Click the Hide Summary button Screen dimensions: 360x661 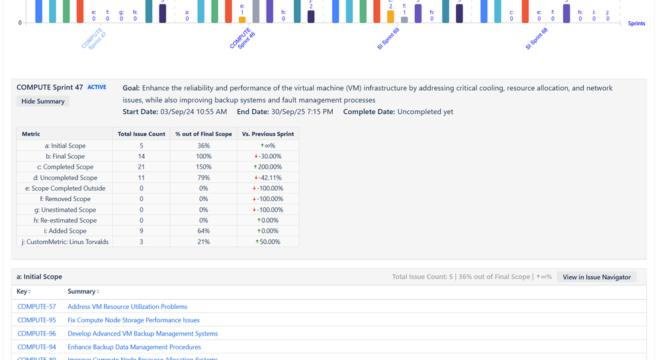(x=43, y=101)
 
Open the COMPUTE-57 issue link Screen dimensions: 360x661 (x=36, y=306)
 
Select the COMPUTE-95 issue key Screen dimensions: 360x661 (x=36, y=320)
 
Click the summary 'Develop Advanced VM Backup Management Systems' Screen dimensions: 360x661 (x=142, y=334)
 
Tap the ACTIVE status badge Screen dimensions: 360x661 (x=97, y=87)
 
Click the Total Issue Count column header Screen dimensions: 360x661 (x=141, y=134)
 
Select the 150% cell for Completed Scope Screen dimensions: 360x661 (x=204, y=167)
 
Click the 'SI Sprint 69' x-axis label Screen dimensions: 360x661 (x=388, y=39)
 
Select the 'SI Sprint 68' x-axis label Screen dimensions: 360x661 (x=537, y=39)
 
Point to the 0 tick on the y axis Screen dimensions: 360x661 (x=20, y=23)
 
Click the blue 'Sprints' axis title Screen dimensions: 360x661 (x=636, y=23)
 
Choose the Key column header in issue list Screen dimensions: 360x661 (x=23, y=291)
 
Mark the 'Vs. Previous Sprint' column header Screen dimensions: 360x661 (x=267, y=134)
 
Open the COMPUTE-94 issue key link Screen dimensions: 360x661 (x=36, y=347)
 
